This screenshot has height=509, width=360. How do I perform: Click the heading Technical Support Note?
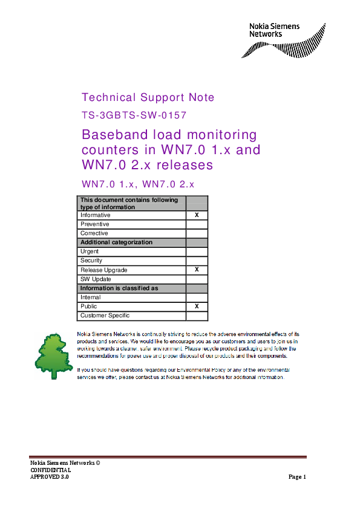coord(148,97)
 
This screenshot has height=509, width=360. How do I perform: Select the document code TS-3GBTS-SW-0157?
coord(134,115)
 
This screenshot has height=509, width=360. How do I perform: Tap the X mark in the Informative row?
coord(197,215)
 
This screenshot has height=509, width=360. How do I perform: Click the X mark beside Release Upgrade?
coord(197,270)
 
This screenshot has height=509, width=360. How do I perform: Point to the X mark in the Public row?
coord(197,306)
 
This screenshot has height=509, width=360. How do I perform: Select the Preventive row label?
coord(95,224)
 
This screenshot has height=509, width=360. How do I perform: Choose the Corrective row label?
coord(94,233)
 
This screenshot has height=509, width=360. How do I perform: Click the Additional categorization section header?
coord(117,242)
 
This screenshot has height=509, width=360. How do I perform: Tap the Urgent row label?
coord(90,251)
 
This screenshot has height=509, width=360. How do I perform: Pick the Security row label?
coord(92,261)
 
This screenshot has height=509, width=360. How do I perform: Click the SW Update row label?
coord(96,279)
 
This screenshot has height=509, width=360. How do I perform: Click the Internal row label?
coord(91,297)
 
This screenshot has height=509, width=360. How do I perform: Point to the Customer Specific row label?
coord(105,316)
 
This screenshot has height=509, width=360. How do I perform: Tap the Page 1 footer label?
coord(297,477)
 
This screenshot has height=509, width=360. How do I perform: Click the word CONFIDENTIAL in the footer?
coord(50,470)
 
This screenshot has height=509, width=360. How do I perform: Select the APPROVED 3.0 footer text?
coord(50,477)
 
